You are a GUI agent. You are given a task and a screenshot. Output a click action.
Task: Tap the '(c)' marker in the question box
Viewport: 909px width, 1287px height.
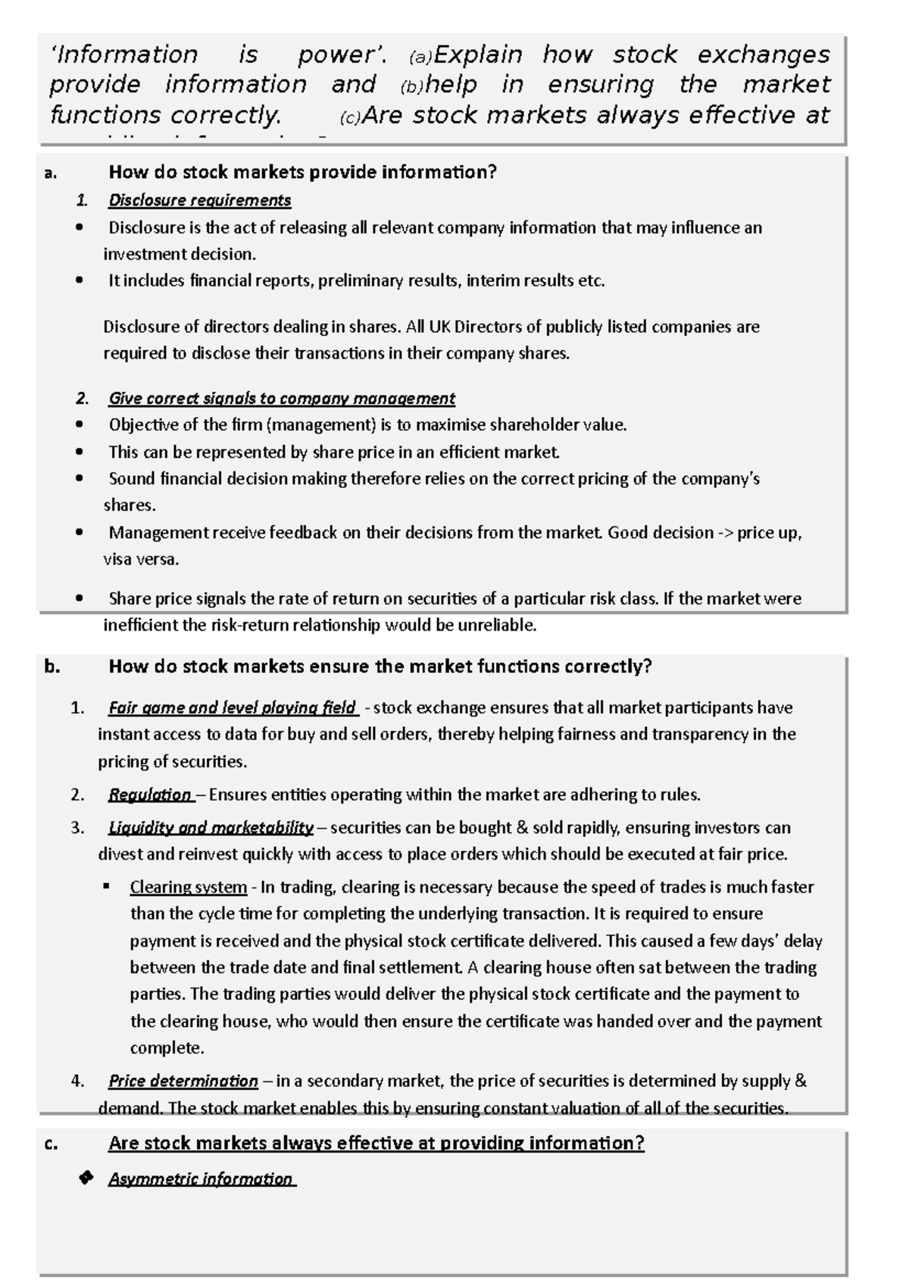351,118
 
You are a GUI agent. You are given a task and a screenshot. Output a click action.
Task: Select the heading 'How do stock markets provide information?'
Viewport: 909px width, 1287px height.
302,172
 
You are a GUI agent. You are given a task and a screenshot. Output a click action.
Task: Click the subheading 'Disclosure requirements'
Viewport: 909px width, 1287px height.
199,200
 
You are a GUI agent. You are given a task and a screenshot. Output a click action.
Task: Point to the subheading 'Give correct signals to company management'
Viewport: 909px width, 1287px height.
281,398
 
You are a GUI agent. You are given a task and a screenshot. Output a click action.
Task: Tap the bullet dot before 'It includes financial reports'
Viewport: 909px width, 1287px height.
80,280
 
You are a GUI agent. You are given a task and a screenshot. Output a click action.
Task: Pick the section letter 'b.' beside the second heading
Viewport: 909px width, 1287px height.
52,666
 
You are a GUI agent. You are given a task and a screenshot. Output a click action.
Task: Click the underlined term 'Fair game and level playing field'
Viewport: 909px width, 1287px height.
232,708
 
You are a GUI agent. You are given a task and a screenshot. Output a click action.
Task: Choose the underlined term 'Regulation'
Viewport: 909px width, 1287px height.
149,794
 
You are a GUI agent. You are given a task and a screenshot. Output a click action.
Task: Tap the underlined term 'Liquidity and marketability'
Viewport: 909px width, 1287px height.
210,827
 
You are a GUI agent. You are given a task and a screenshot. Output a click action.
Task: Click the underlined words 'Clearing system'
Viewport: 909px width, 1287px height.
188,887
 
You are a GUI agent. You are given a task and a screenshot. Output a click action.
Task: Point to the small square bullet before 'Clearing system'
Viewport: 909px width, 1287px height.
107,885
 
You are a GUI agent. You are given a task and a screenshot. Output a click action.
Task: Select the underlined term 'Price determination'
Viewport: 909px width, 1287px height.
183,1081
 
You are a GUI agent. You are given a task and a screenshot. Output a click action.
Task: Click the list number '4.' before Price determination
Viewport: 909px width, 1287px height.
77,1082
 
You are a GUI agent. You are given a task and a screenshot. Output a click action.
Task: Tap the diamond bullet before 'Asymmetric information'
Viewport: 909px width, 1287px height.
86,1178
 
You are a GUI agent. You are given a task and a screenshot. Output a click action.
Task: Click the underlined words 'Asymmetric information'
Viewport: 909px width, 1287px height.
201,1179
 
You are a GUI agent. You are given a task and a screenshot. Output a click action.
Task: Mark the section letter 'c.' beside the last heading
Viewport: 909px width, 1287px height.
51,1144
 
